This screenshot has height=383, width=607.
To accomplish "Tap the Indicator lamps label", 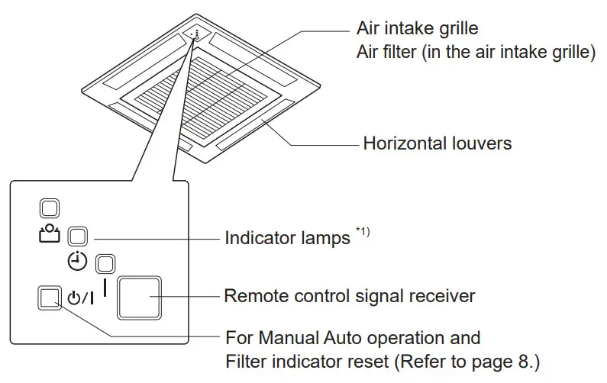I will [286, 237].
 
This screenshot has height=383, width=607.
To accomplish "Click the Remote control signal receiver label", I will [349, 295].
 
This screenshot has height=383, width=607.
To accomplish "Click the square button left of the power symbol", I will [48, 298].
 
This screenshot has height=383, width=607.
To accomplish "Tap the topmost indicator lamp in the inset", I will [48, 207].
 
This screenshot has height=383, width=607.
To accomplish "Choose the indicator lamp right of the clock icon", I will [105, 264].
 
